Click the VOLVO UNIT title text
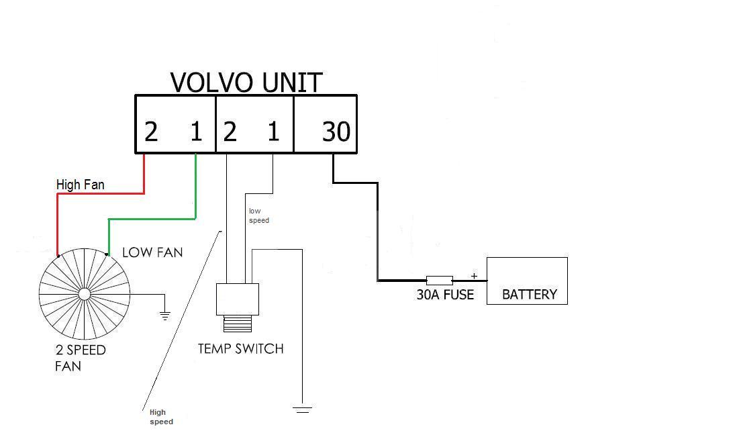point(246,82)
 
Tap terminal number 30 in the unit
point(336,132)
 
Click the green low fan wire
point(152,218)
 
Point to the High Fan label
point(81,184)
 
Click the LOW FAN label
point(152,252)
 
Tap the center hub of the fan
point(84,294)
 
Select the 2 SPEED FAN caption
point(80,358)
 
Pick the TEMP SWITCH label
point(240,348)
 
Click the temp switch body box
point(237,299)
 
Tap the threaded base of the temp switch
point(237,324)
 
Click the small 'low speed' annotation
point(258,215)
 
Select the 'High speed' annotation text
point(161,417)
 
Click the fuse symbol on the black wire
point(439,280)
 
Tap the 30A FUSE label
point(445,294)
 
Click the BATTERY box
point(527,281)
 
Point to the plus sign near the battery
point(474,275)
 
